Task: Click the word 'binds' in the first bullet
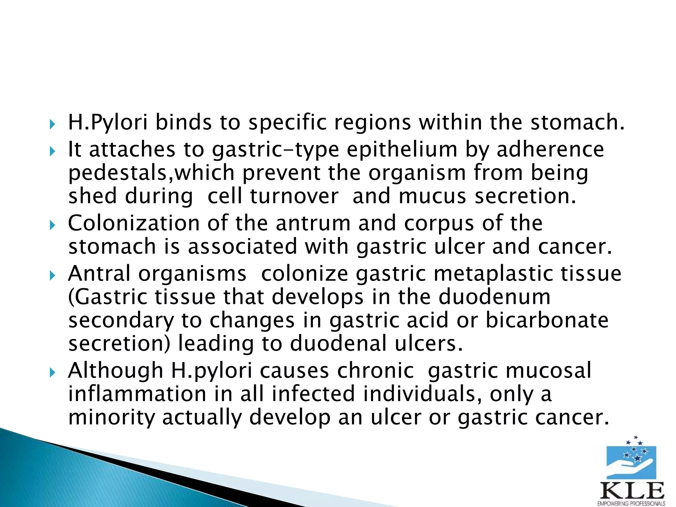point(183,122)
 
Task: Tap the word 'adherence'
point(550,149)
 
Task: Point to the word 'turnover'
point(294,196)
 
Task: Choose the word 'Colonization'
point(134,223)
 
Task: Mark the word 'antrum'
point(313,223)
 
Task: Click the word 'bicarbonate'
point(547,320)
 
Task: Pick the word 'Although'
point(116,370)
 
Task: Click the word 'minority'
point(111,418)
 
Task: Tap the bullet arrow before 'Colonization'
point(52,226)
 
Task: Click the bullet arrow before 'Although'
point(52,373)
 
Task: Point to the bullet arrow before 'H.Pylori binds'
point(52,125)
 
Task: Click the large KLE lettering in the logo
point(632,491)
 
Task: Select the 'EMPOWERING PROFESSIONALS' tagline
point(631,504)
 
